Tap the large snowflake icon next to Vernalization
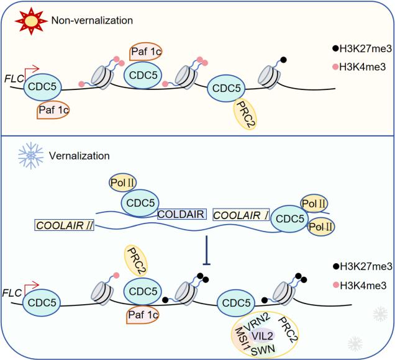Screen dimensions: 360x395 [x=28, y=156]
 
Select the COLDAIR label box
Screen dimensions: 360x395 [x=180, y=214]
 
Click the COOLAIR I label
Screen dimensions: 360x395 [x=240, y=215]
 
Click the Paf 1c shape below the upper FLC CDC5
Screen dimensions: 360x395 [x=55, y=110]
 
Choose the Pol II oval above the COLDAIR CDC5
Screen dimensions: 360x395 [x=123, y=183]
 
